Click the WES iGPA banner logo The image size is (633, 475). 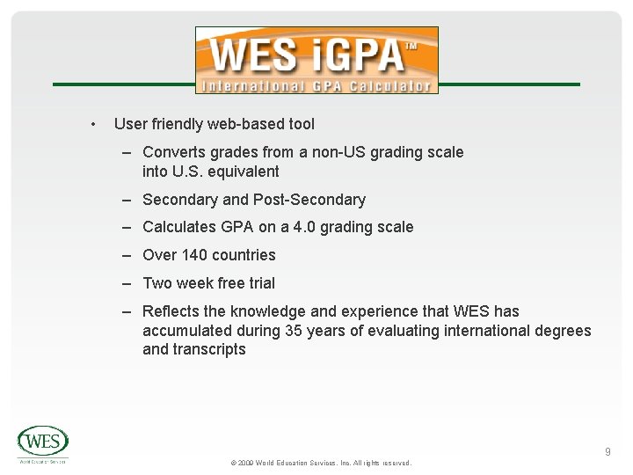click(x=316, y=60)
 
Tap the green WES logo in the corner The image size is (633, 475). click(x=42, y=442)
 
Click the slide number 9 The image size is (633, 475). click(x=608, y=452)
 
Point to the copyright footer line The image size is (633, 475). click(x=320, y=463)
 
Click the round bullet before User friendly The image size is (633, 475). click(x=93, y=124)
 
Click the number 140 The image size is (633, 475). click(x=195, y=255)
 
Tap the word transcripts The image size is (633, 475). click(x=209, y=349)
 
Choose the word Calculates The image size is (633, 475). click(x=179, y=227)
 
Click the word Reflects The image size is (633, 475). click(x=171, y=311)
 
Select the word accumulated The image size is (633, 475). click(x=186, y=331)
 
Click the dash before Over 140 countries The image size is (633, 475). click(x=127, y=255)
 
